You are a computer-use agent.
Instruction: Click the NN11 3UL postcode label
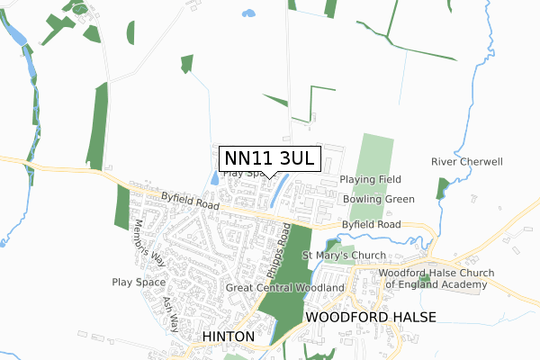(x=268, y=158)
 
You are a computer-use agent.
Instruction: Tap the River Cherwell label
(x=466, y=162)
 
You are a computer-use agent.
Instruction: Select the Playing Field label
(x=370, y=180)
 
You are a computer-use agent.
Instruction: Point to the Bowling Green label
(x=378, y=199)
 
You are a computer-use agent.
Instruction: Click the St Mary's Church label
(x=343, y=256)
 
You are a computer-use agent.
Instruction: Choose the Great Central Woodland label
(x=285, y=288)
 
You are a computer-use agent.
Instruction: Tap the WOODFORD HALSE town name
(x=371, y=317)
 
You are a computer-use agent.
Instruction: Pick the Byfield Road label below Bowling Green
(x=371, y=224)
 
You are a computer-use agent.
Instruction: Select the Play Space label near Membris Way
(x=137, y=282)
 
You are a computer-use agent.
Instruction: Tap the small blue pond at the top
(x=247, y=13)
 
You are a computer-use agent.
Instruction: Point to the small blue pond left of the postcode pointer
(x=214, y=178)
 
